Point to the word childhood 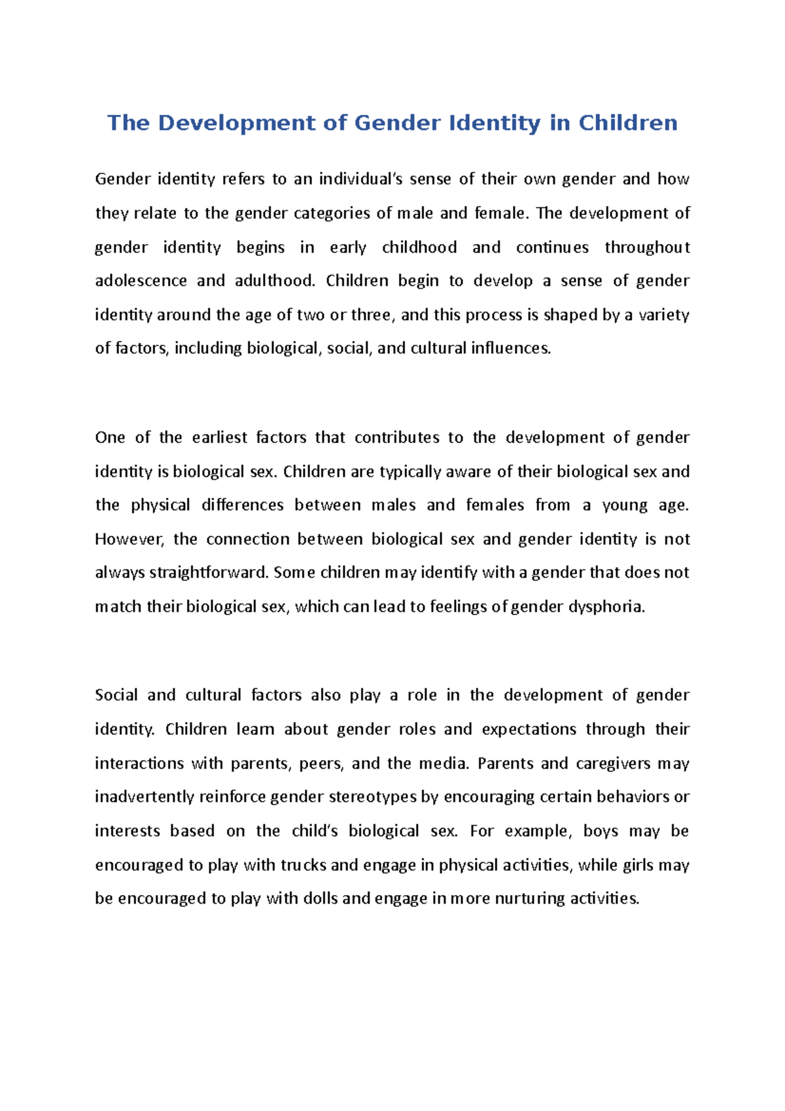[x=419, y=247]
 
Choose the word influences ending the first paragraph [x=511, y=348]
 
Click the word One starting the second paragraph [x=109, y=438]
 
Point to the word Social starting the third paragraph [x=116, y=695]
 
